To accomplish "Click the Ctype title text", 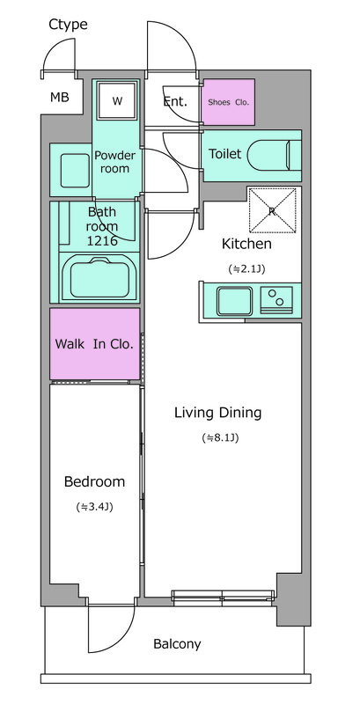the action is click(69, 25).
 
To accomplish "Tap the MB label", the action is click(59, 97).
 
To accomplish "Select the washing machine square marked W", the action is click(117, 100).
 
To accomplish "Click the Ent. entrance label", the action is click(174, 101).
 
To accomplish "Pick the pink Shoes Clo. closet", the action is click(228, 102).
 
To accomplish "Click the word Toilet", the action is click(224, 154).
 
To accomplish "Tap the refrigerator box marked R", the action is click(273, 210).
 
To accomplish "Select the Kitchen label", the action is click(246, 245).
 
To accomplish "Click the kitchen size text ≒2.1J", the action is click(246, 269).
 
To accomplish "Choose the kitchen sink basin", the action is click(235, 301).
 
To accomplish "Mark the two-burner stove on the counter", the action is click(276, 298).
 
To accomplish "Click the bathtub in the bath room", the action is click(99, 277).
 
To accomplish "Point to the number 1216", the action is click(102, 241).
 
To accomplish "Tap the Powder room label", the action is click(114, 162).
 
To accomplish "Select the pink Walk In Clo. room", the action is click(95, 344).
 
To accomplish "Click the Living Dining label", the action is click(217, 413).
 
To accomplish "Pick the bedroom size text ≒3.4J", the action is click(94, 508).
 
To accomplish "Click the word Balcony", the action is click(177, 645).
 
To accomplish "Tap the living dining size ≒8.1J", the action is click(220, 437).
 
